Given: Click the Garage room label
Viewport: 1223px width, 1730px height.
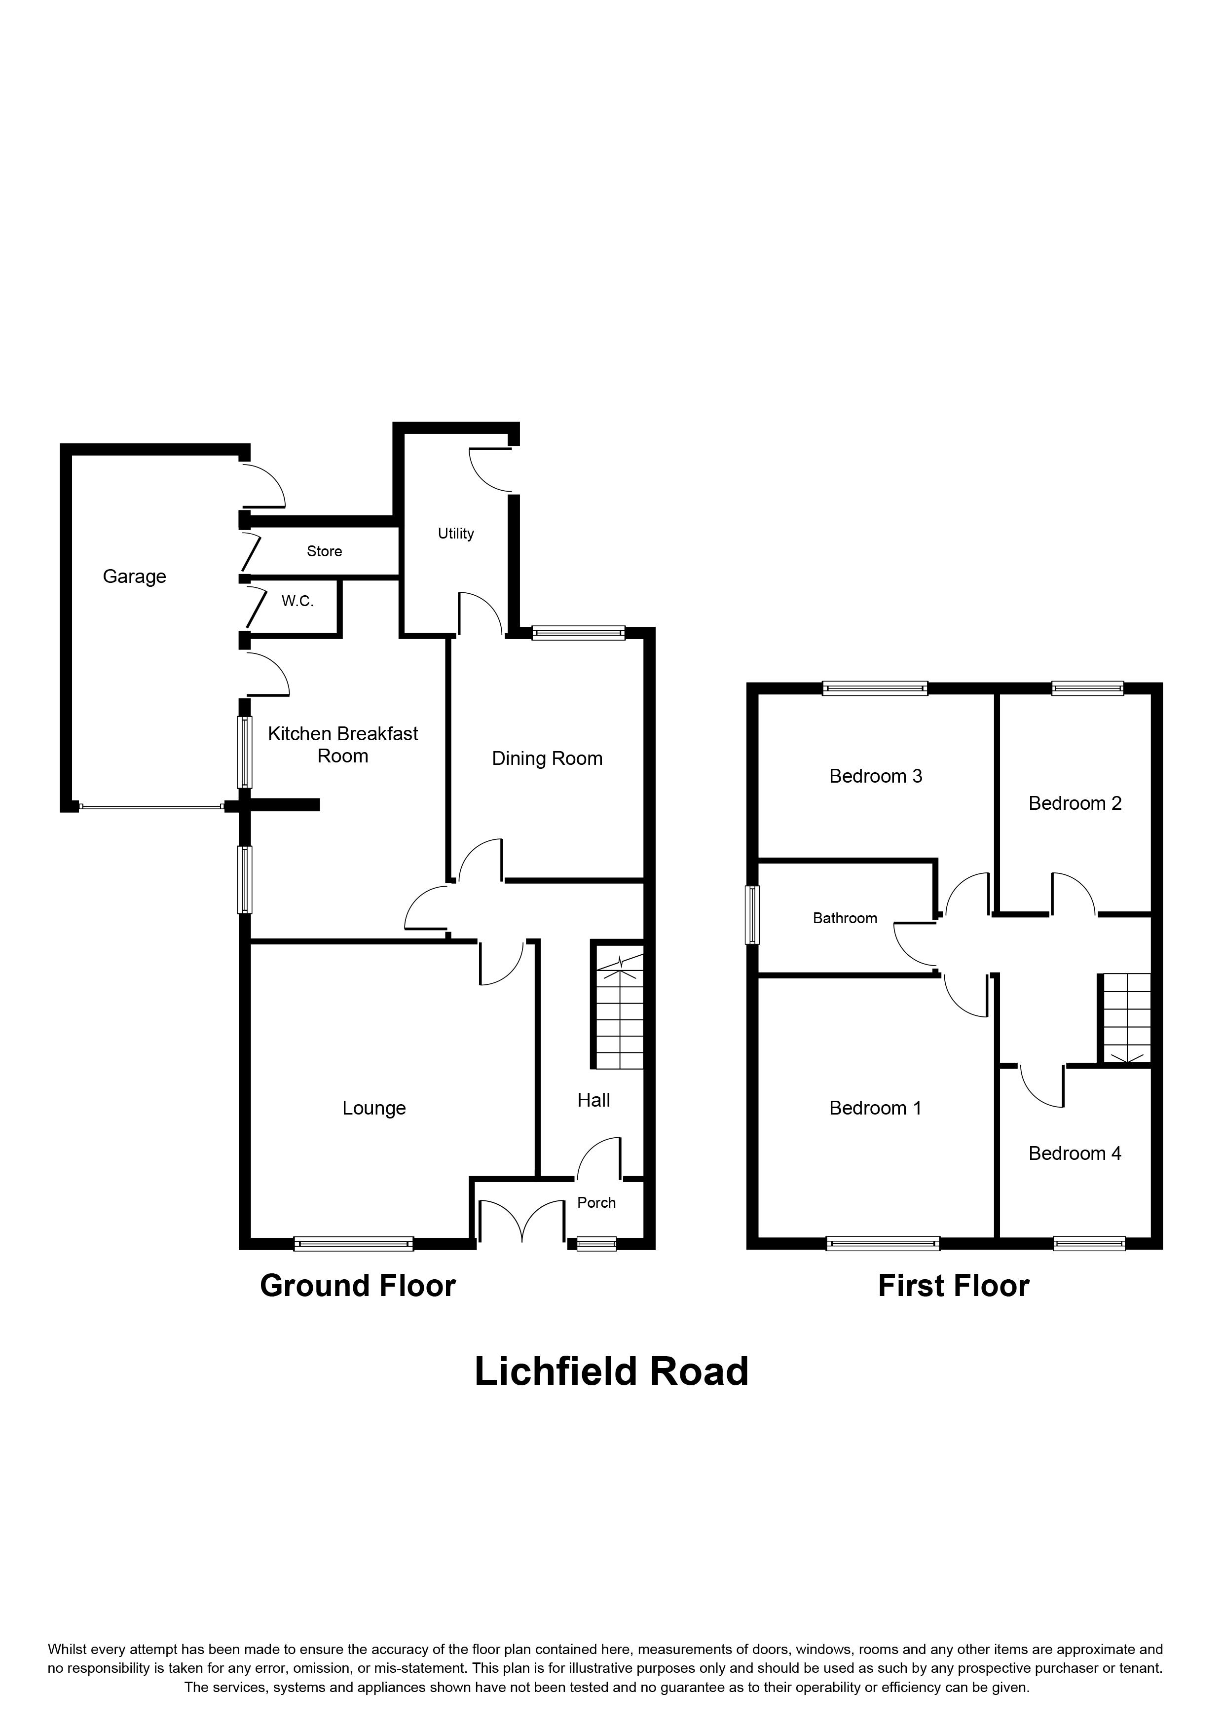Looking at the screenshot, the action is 134,577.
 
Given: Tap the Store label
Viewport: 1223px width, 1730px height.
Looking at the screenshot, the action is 324,551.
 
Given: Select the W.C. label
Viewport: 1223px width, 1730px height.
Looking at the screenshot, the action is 297,601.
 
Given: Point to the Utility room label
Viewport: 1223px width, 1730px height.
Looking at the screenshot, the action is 456,534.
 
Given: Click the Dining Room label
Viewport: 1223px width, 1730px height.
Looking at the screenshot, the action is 547,759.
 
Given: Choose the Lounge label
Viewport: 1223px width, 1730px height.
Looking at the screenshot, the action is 374,1109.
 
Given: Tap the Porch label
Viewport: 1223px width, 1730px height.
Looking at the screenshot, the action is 596,1202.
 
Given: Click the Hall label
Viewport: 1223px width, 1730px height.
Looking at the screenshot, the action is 594,1101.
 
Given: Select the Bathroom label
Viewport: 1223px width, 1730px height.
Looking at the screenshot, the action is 845,918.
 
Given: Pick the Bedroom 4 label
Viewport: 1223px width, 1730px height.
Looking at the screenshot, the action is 1075,1153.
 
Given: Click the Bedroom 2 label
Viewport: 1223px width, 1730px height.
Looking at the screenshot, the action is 1075,803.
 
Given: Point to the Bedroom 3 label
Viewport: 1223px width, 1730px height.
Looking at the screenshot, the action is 876,776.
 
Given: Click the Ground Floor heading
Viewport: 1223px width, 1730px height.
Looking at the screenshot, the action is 358,1286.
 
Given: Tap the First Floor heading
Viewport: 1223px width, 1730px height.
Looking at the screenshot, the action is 953,1286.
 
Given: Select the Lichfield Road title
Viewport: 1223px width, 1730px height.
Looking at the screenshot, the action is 611,1371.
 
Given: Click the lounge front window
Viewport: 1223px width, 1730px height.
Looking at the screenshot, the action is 353,1244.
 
